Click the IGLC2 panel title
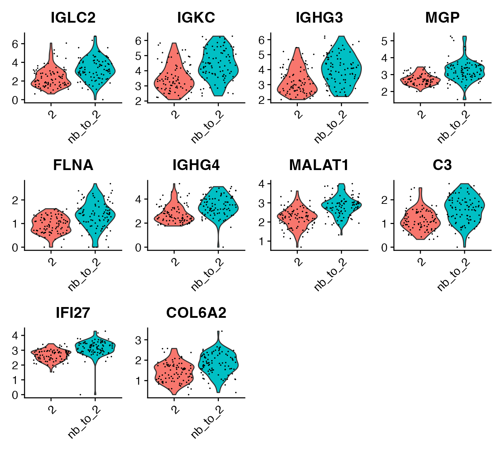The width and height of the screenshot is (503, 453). pyautogui.click(x=73, y=18)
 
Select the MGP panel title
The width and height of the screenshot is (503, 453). pyautogui.click(x=442, y=18)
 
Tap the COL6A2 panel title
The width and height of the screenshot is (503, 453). pyautogui.click(x=196, y=313)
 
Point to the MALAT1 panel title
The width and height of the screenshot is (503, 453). pyautogui.click(x=319, y=165)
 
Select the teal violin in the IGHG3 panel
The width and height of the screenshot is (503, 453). pyautogui.click(x=341, y=68)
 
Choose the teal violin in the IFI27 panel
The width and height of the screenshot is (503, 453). pyautogui.click(x=95, y=347)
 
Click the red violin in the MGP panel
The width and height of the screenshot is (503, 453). pyautogui.click(x=420, y=80)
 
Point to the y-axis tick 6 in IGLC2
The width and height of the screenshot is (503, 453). pyautogui.click(x=15, y=44)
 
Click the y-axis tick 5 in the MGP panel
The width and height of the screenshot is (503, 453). pyautogui.click(x=384, y=41)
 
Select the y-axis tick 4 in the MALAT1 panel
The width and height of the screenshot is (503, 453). pyautogui.click(x=262, y=184)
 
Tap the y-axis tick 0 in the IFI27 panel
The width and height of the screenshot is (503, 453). pyautogui.click(x=15, y=395)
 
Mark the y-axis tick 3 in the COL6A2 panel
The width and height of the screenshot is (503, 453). pyautogui.click(x=139, y=340)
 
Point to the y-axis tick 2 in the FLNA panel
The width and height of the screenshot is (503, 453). pyautogui.click(x=15, y=200)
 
